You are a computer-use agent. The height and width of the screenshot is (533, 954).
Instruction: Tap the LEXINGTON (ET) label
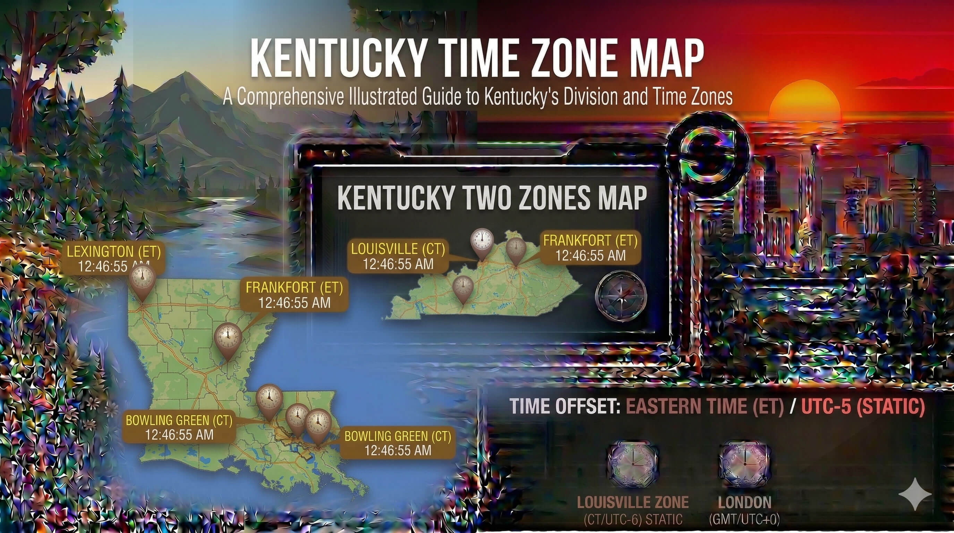[113, 252]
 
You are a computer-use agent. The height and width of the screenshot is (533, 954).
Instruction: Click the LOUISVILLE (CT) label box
[398, 256]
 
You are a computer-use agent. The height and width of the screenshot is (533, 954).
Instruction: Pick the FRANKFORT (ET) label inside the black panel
[590, 248]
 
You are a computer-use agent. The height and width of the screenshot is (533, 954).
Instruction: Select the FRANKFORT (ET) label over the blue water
[294, 295]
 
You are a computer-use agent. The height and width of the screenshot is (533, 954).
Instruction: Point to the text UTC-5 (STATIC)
[863, 406]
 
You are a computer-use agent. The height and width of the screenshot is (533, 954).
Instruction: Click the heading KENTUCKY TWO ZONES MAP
[492, 198]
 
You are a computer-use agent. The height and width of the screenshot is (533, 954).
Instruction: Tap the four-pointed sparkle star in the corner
[914, 494]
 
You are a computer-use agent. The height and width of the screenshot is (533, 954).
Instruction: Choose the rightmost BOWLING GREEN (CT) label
[398, 443]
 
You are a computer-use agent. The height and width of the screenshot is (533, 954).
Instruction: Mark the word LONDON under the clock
[744, 502]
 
